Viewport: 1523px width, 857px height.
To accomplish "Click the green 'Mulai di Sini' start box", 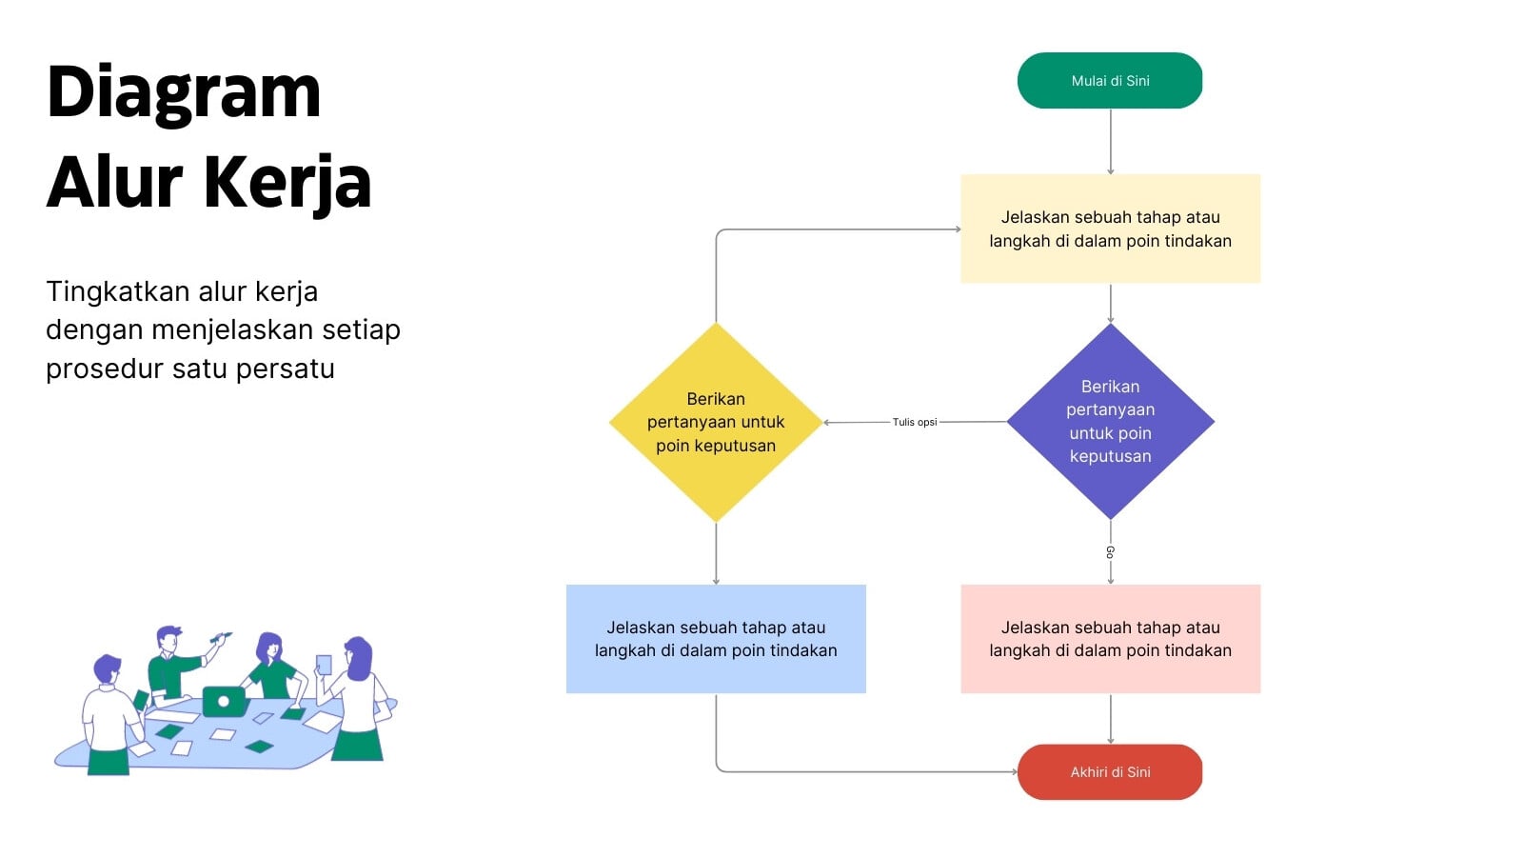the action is tap(1110, 80).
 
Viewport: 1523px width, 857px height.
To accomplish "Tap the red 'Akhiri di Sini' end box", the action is tap(1110, 772).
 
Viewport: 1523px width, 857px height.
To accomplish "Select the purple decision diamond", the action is tap(1110, 422).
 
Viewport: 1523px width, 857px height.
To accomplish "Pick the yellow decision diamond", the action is tap(716, 422).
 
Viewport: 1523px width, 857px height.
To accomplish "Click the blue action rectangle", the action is tap(716, 639).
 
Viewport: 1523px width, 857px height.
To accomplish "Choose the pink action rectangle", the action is tap(1110, 639).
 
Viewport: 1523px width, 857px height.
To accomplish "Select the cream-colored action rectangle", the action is tap(1110, 229).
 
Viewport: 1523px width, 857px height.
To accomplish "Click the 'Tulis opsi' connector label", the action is tap(915, 422).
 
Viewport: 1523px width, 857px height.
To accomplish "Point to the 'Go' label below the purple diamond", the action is tap(1110, 551).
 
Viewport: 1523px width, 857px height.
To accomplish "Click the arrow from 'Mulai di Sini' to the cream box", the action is tap(1110, 142).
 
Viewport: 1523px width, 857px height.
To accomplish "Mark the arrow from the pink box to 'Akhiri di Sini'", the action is tap(1110, 719).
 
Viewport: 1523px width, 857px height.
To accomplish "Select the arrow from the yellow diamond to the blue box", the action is tap(716, 553).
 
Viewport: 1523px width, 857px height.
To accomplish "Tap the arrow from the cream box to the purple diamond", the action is tap(1110, 304).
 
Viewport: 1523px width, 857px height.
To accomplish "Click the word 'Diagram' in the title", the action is tap(184, 94).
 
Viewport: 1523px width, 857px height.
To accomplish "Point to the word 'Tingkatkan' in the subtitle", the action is tap(118, 291).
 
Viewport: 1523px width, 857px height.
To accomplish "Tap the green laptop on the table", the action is tap(224, 701).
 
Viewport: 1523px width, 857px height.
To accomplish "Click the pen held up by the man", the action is tap(221, 637).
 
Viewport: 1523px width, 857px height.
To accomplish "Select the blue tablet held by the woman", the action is tap(324, 665).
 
